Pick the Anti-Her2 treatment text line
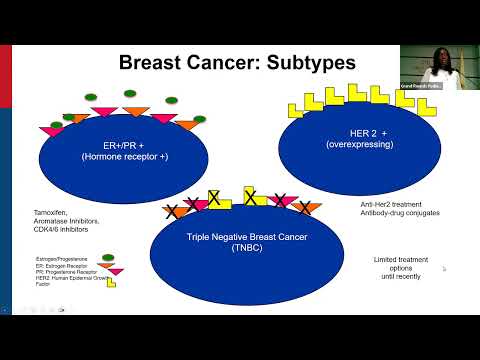390,204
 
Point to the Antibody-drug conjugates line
399,213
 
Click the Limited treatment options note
392,267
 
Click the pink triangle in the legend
116,271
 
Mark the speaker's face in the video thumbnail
441,57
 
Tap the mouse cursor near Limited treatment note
444,268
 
